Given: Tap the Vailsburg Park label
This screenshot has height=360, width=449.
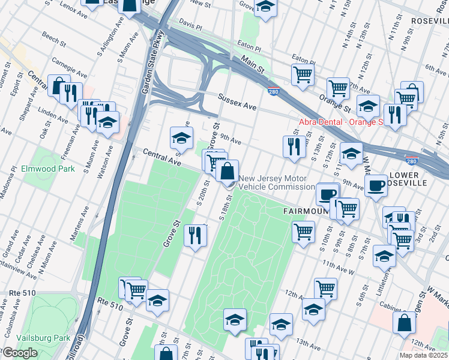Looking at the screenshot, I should tap(45, 338).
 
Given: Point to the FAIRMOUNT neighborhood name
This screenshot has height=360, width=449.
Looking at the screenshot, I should tap(306, 212).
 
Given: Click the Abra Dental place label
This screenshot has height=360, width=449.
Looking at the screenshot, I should tap(341, 122).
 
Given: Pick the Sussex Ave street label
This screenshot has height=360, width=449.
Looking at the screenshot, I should tap(237, 101).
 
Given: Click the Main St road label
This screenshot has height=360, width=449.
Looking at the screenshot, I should tap(253, 61).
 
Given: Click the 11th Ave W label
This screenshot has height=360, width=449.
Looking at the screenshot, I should tap(338, 266).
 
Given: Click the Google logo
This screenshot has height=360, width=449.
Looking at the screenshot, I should tap(20, 353).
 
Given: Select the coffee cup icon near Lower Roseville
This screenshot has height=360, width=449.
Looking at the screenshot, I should tap(376, 186).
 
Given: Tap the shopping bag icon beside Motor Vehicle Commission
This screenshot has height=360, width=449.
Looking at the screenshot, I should tap(228, 172).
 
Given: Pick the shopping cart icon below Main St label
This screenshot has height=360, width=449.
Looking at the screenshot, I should tap(303, 75).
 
